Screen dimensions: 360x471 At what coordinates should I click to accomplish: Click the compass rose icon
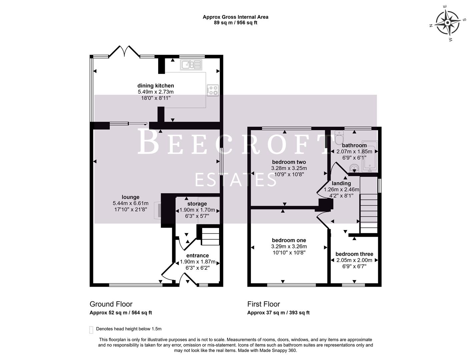447,23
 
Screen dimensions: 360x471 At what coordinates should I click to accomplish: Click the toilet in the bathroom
339,137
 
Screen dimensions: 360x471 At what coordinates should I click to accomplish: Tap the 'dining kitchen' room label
156,86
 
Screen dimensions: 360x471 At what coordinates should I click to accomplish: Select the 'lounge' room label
130,197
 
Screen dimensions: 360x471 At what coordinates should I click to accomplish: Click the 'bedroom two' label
289,162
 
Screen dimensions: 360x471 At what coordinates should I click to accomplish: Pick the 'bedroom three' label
354,254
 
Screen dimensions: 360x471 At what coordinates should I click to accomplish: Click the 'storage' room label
197,204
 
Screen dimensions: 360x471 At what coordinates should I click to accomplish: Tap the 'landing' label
341,183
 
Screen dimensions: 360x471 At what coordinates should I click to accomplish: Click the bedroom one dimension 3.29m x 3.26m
289,247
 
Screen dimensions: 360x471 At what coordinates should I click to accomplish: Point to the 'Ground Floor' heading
111,304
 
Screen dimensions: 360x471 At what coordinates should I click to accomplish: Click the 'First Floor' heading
264,304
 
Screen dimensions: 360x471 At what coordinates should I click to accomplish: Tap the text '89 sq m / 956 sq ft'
235,23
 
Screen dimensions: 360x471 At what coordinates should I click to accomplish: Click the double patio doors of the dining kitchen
124,52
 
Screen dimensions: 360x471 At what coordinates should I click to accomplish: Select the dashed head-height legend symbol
91,330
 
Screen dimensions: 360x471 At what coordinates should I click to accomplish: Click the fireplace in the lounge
158,210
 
